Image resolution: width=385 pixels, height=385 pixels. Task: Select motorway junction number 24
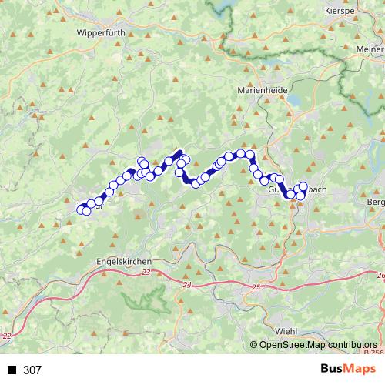click(x=187, y=285)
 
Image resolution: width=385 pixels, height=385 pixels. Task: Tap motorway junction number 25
click(x=257, y=287)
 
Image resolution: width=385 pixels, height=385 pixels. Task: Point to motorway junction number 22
click(x=8, y=336)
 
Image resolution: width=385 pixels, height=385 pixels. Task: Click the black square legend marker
click(x=12, y=370)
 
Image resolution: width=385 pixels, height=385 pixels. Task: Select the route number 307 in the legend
click(x=32, y=370)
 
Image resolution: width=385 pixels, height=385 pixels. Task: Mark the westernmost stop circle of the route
click(x=81, y=209)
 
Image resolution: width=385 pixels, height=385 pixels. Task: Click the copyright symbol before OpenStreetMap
click(x=254, y=346)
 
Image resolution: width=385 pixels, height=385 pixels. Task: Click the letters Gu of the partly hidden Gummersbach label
click(x=273, y=189)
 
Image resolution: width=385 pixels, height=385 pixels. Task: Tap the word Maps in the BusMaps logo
click(x=360, y=370)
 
